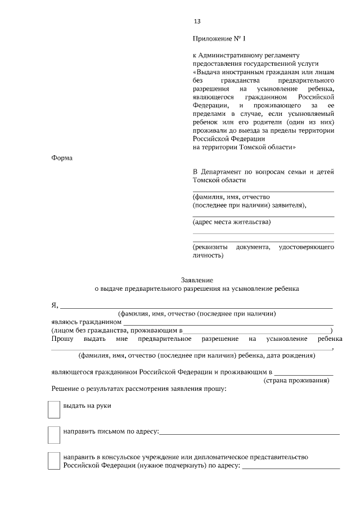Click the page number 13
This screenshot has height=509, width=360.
(x=197, y=21)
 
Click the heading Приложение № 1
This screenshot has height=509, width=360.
(x=219, y=39)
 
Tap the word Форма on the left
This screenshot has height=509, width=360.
(x=62, y=158)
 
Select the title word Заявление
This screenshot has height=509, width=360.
(x=197, y=280)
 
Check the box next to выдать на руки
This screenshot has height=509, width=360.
(x=54, y=409)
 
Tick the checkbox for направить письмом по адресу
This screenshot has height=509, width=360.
(x=54, y=435)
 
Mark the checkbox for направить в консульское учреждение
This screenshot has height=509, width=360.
(x=54, y=461)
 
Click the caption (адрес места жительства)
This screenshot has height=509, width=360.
(x=231, y=222)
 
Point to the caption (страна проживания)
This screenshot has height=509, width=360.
(x=296, y=381)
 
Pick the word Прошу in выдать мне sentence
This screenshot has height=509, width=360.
(x=61, y=339)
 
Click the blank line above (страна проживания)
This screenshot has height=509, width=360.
(x=304, y=373)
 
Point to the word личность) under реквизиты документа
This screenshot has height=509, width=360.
(x=208, y=255)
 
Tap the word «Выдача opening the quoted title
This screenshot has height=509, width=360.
(x=209, y=73)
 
